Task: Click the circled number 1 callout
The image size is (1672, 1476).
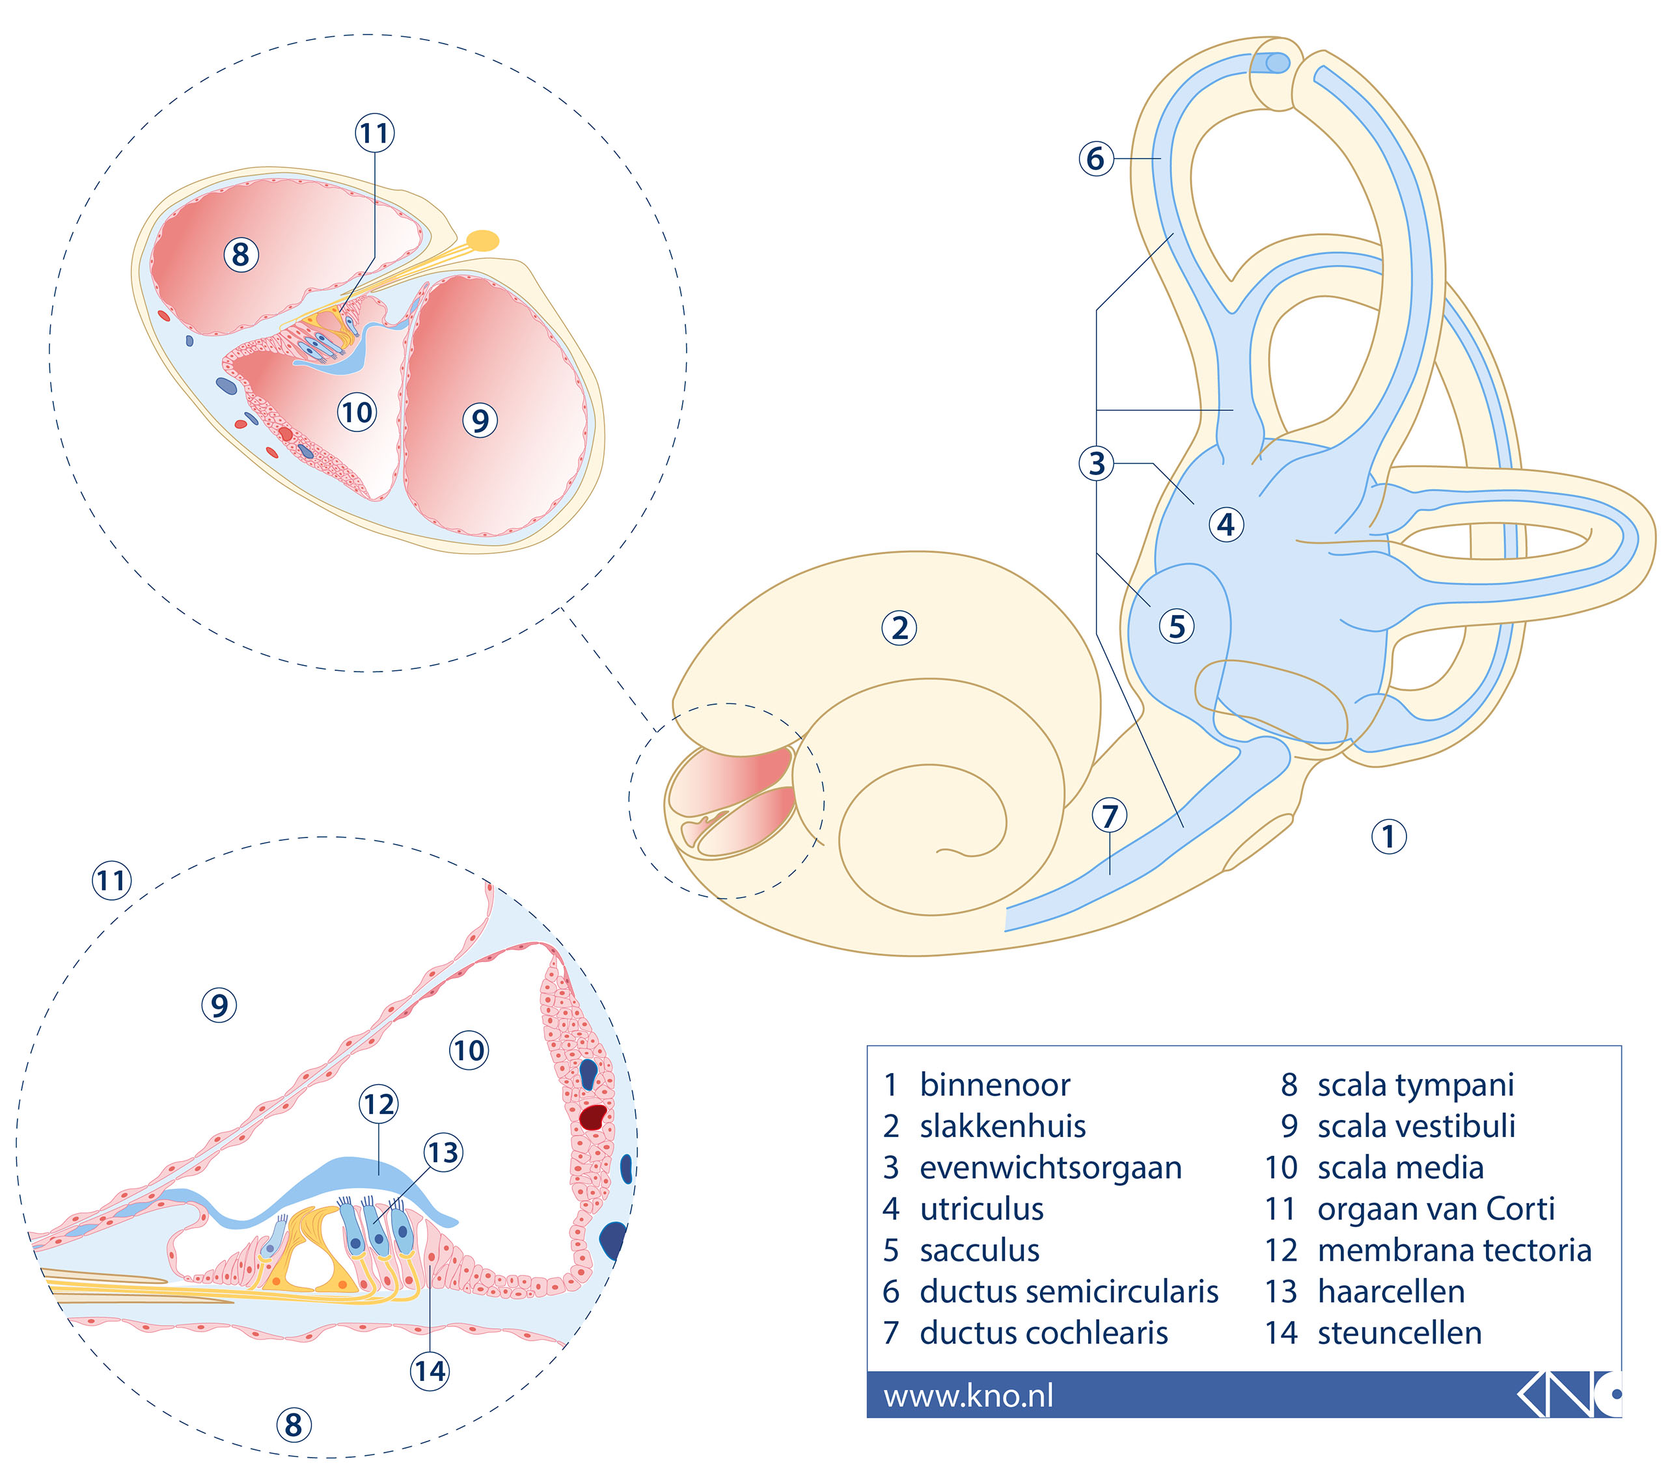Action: (1388, 836)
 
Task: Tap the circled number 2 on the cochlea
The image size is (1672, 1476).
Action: (899, 628)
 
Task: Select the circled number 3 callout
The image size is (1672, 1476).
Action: (1096, 463)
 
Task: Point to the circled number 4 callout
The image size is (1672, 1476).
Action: (1226, 524)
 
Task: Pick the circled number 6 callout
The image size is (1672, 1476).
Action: (1096, 158)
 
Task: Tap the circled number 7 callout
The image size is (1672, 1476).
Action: (1109, 815)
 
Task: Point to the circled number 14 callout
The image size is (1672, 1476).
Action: (430, 1371)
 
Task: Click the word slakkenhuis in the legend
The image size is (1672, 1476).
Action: (1003, 1126)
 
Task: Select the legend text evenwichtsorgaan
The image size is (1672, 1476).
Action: (1051, 1168)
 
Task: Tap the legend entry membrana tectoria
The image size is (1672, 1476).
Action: (1455, 1250)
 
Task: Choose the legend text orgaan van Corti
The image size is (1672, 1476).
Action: (1436, 1209)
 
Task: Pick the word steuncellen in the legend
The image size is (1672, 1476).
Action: (1399, 1333)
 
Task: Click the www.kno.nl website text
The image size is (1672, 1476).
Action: (968, 1395)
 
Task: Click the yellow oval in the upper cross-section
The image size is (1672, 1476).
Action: (483, 240)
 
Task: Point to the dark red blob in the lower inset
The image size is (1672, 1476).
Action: (593, 1116)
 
